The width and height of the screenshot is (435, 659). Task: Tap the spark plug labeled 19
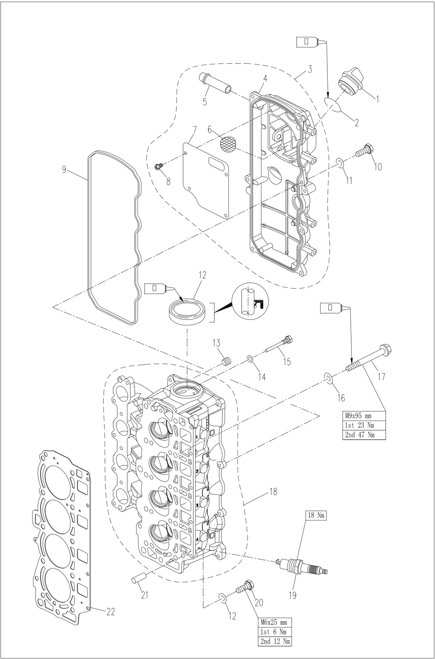[x=302, y=566]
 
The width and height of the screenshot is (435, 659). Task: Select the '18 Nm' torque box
[x=316, y=515]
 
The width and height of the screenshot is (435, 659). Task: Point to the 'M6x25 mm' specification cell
[x=275, y=622]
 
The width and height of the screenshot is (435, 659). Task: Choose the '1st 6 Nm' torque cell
[x=275, y=632]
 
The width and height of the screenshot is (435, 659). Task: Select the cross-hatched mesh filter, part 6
[x=228, y=144]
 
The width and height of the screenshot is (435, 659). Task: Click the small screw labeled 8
[x=158, y=167]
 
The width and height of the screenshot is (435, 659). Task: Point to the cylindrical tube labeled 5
[x=214, y=84]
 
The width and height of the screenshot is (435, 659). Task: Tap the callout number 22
[x=110, y=612]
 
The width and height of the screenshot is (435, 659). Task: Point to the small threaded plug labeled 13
[x=227, y=361]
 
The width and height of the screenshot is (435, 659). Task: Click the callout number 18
[x=273, y=492]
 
